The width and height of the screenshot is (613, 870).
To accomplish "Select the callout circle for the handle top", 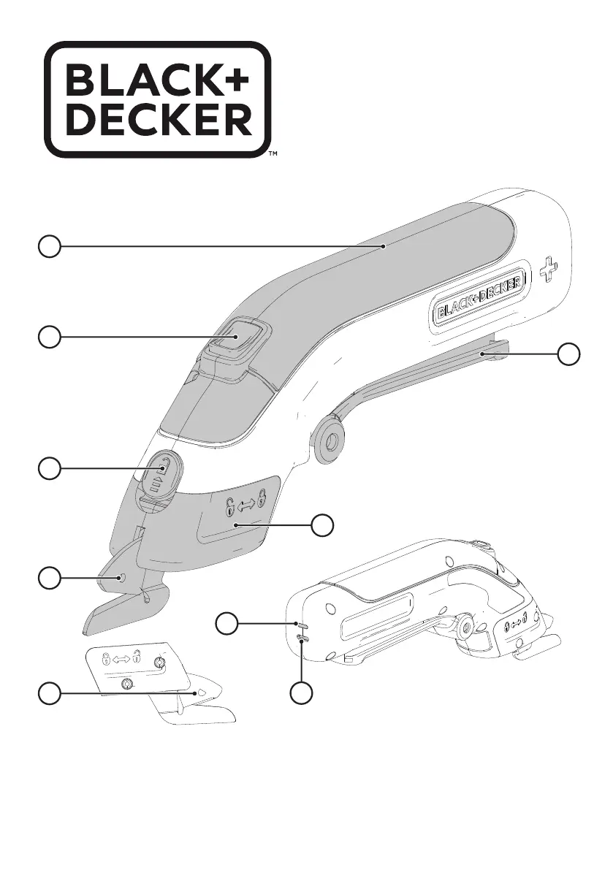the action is pyautogui.click(x=50, y=245).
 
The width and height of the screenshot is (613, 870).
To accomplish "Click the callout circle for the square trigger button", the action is pyautogui.click(x=50, y=337).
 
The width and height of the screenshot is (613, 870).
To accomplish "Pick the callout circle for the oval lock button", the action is pyautogui.click(x=50, y=469).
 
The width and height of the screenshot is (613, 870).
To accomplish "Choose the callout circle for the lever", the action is pyautogui.click(x=568, y=354).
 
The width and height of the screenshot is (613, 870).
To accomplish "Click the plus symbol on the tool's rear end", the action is pyautogui.click(x=548, y=270).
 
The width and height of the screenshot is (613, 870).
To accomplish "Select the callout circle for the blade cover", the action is pyautogui.click(x=322, y=525).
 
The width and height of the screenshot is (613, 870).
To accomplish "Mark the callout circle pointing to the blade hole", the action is pyautogui.click(x=50, y=578).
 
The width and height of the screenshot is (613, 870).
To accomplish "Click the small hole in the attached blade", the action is pyautogui.click(x=121, y=578).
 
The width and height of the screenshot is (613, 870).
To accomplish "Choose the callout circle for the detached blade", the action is pyautogui.click(x=50, y=693).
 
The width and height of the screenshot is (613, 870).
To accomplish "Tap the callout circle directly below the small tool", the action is pyautogui.click(x=301, y=693).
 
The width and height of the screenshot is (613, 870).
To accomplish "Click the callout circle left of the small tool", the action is pyautogui.click(x=226, y=625).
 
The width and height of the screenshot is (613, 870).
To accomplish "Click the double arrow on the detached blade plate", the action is pyautogui.click(x=121, y=659).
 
